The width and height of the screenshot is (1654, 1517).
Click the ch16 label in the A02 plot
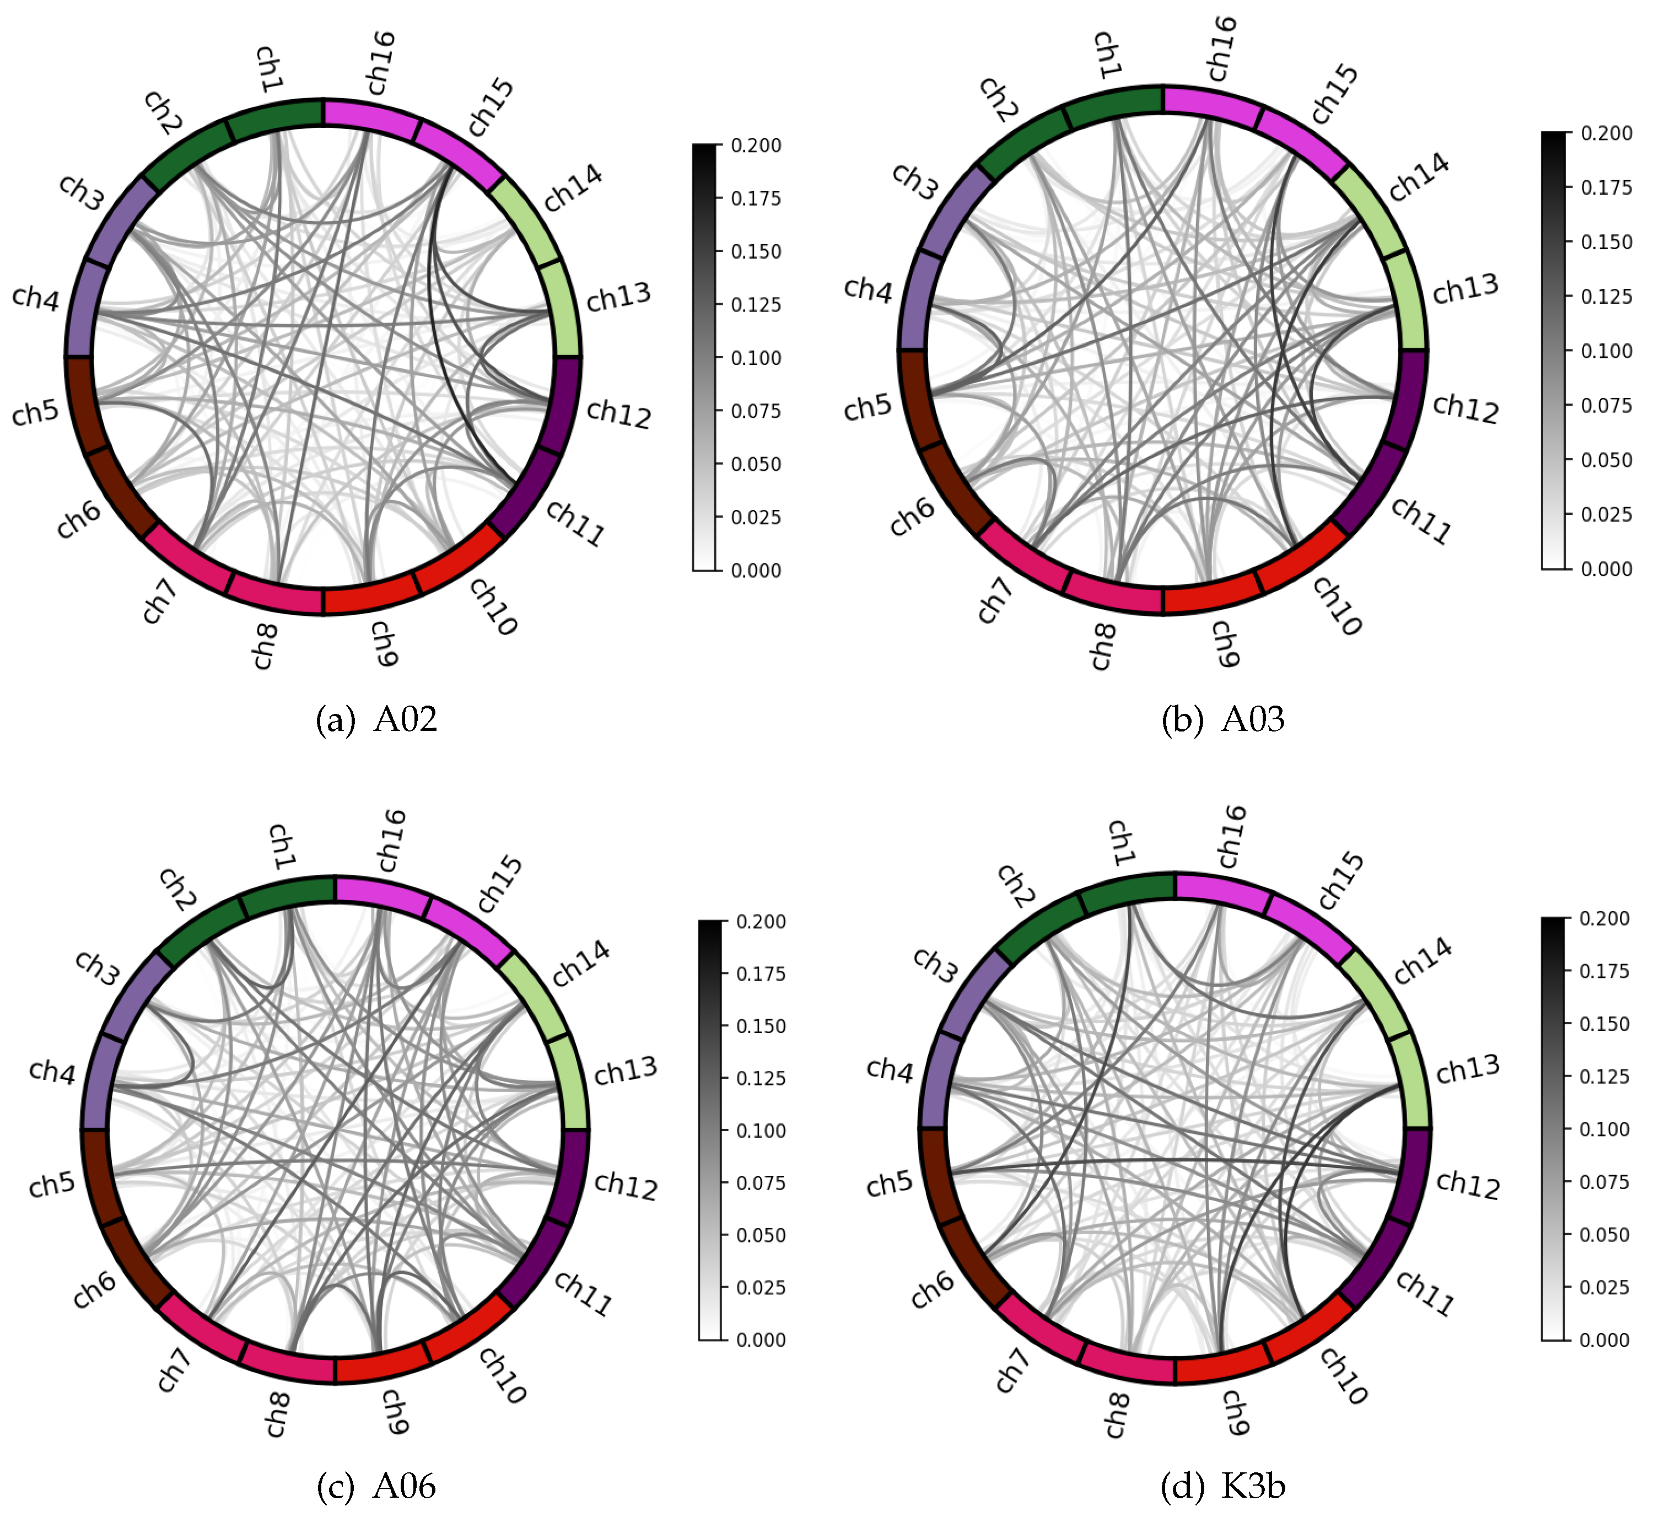pyautogui.click(x=381, y=63)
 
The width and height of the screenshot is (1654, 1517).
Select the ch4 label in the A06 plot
pyautogui.click(x=52, y=1071)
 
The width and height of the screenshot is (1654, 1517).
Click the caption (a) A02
pyautogui.click(x=377, y=719)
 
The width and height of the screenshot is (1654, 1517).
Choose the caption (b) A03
pyautogui.click(x=1223, y=719)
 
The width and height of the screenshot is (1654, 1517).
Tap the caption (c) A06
pyautogui.click(x=377, y=1486)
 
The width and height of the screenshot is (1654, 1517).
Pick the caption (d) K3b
pyautogui.click(x=1223, y=1486)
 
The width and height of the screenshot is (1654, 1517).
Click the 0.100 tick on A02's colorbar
pyautogui.click(x=756, y=358)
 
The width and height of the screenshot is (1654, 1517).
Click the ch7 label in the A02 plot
pyautogui.click(x=159, y=601)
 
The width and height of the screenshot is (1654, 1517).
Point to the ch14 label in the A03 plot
pyautogui.click(x=1419, y=177)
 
